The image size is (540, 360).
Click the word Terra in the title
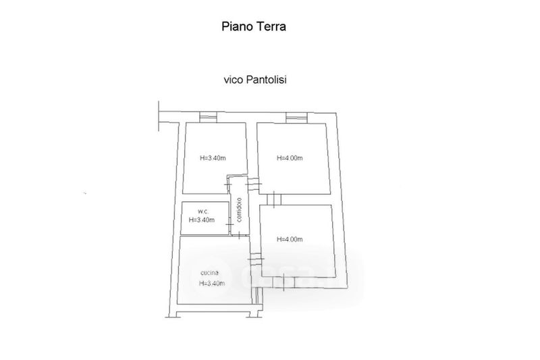tap(272, 27)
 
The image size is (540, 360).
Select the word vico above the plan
tap(234, 79)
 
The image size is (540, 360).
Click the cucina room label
tap(209, 272)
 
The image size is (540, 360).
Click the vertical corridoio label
tap(238, 209)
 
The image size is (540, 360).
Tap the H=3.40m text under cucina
tap(212, 284)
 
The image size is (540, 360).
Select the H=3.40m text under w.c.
tap(201, 220)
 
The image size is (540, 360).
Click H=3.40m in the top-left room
tap(213, 159)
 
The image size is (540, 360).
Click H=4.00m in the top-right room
tap(290, 159)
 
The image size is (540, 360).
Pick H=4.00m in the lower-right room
tap(290, 239)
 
